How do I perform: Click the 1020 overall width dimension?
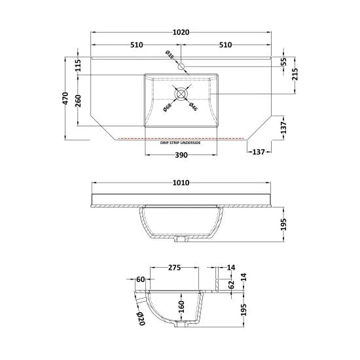tap(181, 32)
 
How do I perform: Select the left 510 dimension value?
tap(137, 45)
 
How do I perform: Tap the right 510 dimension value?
tap(225, 45)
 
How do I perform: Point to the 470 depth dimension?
tap(65, 98)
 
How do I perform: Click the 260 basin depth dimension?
tap(79, 101)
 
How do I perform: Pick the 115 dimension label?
tap(79, 65)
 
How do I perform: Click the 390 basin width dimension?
tap(181, 155)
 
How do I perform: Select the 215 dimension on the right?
tap(295, 74)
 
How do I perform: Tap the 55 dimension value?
tap(283, 62)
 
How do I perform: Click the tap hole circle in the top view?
tap(181, 67)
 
